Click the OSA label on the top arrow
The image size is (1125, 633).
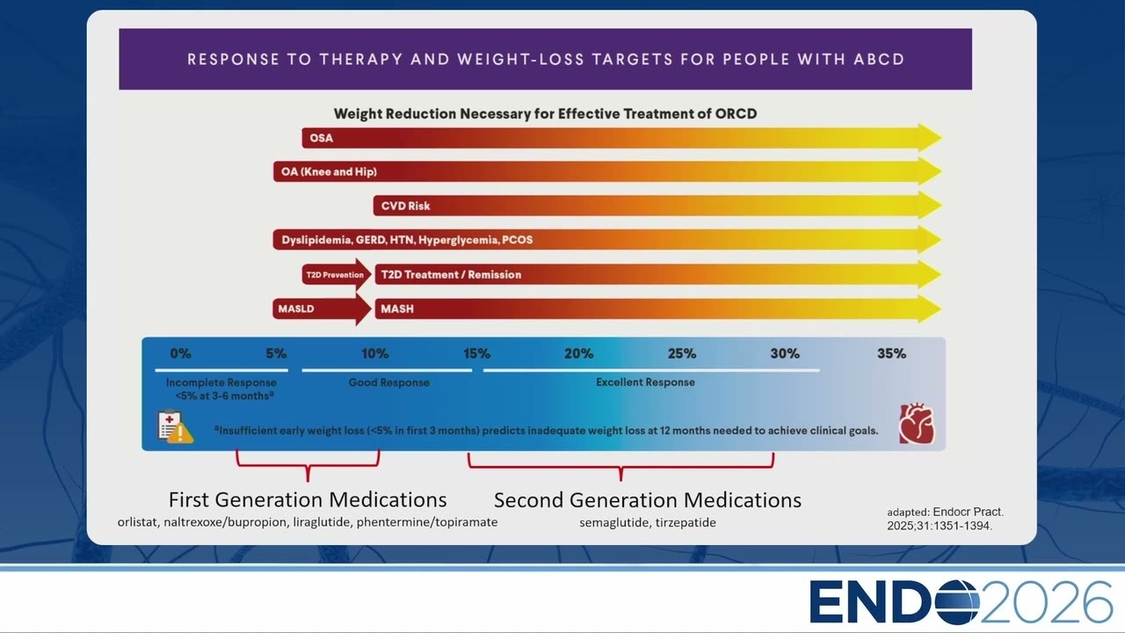[x=322, y=138]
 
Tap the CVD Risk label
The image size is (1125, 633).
[x=405, y=206]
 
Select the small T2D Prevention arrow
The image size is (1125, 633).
[x=337, y=275]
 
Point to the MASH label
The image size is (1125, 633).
[x=397, y=309]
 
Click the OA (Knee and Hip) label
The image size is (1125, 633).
[x=329, y=171]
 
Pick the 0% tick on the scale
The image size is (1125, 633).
[x=180, y=353]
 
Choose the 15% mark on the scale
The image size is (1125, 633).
[x=476, y=353]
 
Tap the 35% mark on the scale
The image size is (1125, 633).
[x=891, y=353]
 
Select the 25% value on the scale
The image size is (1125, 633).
[x=682, y=353]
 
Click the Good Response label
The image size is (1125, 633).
[x=389, y=382]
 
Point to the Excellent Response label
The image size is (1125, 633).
[x=645, y=382]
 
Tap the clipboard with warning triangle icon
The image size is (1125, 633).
[x=175, y=427]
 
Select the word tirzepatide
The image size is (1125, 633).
[x=686, y=522]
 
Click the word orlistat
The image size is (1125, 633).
[x=137, y=522]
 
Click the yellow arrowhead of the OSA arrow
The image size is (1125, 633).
[x=930, y=138]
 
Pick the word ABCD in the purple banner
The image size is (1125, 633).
[x=879, y=59]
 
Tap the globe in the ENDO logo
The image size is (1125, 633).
[x=957, y=602]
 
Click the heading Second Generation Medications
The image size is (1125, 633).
[x=648, y=500]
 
